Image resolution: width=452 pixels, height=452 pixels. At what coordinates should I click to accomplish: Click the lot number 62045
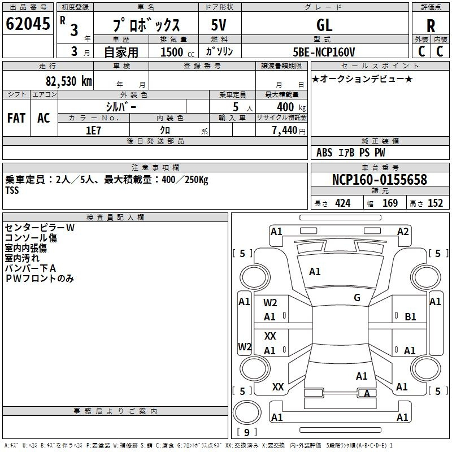click(28, 23)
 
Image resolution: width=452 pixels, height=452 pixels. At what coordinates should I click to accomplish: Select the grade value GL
click(324, 25)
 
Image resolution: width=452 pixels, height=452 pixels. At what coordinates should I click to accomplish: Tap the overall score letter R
click(431, 26)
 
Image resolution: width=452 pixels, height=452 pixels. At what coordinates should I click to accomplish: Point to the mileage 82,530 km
click(69, 81)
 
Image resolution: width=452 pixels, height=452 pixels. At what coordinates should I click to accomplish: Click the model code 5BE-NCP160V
click(324, 52)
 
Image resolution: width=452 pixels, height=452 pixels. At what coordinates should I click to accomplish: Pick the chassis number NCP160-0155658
click(380, 179)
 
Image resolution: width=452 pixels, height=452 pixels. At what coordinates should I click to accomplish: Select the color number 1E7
click(93, 131)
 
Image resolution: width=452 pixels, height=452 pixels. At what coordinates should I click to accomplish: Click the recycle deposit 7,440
click(285, 131)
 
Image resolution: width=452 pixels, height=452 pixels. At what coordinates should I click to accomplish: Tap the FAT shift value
click(16, 118)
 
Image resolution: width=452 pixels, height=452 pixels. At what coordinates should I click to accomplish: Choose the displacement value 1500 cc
click(177, 52)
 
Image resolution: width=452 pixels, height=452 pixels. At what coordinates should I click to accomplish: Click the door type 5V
click(219, 25)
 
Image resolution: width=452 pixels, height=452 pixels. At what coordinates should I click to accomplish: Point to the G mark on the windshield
click(357, 297)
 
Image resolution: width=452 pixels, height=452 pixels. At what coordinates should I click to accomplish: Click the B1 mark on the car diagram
click(410, 316)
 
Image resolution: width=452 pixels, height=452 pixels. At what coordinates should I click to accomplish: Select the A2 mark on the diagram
click(403, 231)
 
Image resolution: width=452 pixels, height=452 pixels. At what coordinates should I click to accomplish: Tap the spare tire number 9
click(247, 432)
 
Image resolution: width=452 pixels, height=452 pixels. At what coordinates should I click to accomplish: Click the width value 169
click(390, 203)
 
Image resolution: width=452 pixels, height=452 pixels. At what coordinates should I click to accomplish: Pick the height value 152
click(435, 203)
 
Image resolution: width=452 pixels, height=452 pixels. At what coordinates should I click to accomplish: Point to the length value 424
click(343, 203)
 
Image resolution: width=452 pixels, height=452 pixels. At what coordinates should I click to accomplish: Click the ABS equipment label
click(324, 153)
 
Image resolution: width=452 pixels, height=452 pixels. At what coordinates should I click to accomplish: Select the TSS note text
click(12, 190)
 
